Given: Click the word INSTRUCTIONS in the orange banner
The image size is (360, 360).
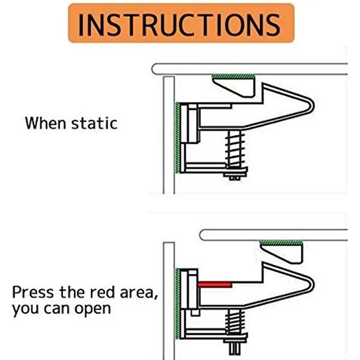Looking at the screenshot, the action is [x=180, y=24].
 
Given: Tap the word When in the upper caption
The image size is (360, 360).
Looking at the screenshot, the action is [x=45, y=123].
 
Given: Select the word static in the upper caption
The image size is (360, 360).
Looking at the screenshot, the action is [x=94, y=123].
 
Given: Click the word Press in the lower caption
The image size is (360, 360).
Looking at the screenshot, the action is [x=33, y=292].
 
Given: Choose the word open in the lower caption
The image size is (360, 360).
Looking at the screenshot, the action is [x=92, y=309].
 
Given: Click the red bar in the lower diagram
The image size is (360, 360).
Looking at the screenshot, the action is [x=215, y=285].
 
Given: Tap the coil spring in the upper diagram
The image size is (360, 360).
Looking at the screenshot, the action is [x=235, y=149].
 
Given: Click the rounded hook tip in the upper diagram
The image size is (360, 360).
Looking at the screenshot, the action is [x=311, y=106].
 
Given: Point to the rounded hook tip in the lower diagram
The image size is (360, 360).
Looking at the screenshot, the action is [x=311, y=285].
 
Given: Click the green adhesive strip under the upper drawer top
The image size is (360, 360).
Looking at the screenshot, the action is [x=233, y=76].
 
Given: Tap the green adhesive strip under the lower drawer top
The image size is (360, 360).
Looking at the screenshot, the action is [x=281, y=243].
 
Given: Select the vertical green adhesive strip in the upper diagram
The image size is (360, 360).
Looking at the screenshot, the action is [x=177, y=137].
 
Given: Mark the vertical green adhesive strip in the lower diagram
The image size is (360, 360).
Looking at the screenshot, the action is [x=177, y=304].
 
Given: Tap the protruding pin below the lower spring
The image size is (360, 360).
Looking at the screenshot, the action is [x=234, y=349].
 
